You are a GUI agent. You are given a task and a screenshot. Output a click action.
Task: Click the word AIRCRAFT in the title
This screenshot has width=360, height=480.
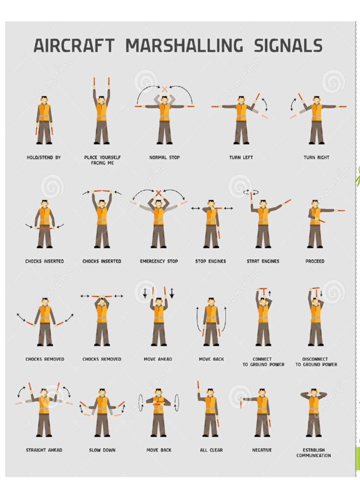[74, 46]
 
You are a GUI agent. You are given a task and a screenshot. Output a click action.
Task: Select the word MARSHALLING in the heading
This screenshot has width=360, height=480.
[184, 46]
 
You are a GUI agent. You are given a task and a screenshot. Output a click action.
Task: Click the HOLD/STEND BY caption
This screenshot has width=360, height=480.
[44, 157]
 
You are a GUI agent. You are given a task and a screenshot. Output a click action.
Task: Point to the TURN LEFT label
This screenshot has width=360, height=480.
[241, 157]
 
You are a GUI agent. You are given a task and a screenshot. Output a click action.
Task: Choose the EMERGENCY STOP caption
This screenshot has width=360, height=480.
[159, 261]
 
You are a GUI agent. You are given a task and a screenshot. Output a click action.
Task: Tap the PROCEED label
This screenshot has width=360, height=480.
[315, 261]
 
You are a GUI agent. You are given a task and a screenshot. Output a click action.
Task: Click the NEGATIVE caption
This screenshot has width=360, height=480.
[262, 450]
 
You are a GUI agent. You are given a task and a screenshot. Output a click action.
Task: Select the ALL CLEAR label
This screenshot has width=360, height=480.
[211, 450]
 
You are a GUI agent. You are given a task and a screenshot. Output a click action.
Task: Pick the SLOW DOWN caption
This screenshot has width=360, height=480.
[102, 450]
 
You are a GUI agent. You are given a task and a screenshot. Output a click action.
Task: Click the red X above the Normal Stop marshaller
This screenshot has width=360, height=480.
[165, 89]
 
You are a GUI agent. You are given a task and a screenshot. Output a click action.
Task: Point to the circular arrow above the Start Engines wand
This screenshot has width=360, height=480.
[248, 191]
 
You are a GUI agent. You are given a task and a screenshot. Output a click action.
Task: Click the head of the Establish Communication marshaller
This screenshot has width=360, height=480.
[314, 392]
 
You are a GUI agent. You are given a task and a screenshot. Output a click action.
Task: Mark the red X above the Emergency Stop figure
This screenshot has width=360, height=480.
[158, 193]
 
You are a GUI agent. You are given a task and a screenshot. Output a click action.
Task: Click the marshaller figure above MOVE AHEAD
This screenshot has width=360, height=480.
[158, 319]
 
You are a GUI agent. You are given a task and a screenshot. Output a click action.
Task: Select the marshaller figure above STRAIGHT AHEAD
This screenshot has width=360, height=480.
[44, 410]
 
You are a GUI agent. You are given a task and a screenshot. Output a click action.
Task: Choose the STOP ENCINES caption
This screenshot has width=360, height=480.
[210, 261]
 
